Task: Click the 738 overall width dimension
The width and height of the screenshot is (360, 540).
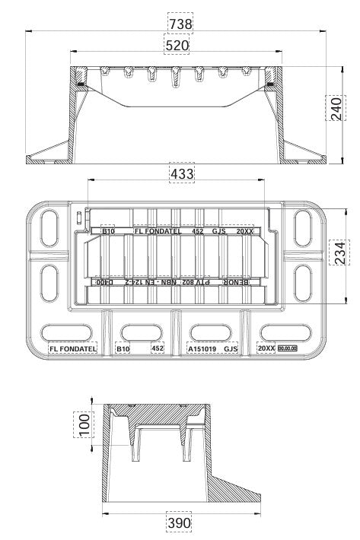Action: (x=180, y=24)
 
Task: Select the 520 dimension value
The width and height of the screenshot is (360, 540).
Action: (x=177, y=46)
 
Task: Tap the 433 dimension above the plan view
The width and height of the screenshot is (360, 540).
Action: (x=181, y=174)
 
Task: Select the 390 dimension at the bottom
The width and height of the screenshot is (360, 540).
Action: (x=179, y=524)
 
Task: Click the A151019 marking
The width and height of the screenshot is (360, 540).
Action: (x=203, y=349)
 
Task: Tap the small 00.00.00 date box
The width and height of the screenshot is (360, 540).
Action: (x=288, y=348)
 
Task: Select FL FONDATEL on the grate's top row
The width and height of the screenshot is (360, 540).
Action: (x=158, y=230)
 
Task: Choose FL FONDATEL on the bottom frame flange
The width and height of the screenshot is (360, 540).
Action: (x=72, y=349)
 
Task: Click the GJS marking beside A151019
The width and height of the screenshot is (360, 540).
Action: (x=231, y=349)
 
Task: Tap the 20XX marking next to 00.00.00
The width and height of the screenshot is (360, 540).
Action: (x=266, y=349)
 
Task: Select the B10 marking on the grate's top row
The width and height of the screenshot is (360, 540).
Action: (x=109, y=230)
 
